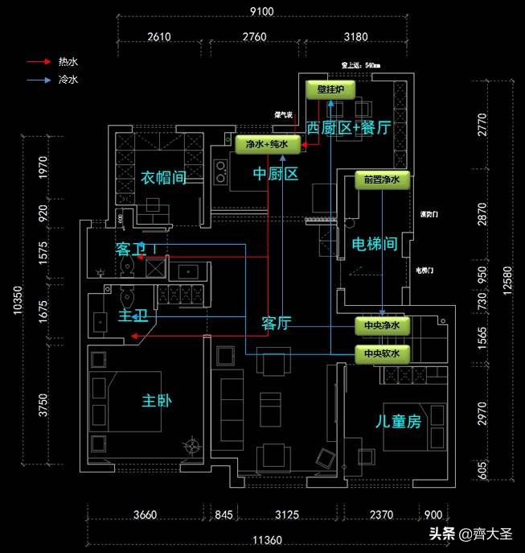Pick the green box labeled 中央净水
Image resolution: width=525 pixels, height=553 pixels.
(383, 325)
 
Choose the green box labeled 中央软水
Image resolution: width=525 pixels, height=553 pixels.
(383, 353)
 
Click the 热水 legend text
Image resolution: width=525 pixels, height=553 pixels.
(68, 62)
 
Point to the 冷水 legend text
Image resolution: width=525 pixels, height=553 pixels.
(68, 80)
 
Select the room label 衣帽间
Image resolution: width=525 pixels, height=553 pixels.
(164, 177)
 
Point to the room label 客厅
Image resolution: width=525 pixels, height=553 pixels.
(276, 324)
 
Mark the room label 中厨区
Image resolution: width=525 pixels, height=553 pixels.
(276, 173)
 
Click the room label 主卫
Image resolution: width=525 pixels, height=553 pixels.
(133, 315)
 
